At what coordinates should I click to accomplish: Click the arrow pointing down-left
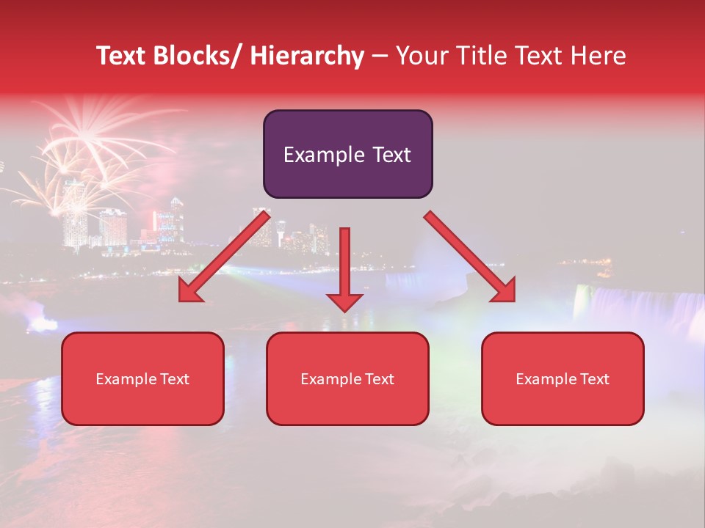click(223, 257)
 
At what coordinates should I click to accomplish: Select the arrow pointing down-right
click(470, 257)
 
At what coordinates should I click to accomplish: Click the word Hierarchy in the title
click(306, 56)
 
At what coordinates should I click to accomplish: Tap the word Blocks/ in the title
click(197, 56)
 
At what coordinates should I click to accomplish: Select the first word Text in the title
click(120, 56)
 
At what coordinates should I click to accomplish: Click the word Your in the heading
click(423, 56)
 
